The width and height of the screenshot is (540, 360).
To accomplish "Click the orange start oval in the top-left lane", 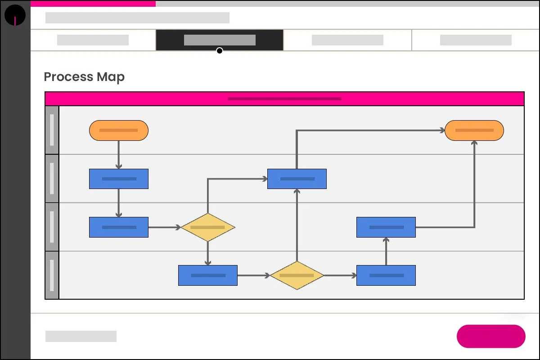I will click(x=119, y=130).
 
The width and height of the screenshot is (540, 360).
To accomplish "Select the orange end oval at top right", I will click(x=474, y=130).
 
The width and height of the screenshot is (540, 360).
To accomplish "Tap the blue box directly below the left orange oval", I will click(x=119, y=179).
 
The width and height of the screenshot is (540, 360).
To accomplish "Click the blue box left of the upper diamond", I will click(x=119, y=227).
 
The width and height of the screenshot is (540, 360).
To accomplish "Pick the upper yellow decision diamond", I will click(x=207, y=227).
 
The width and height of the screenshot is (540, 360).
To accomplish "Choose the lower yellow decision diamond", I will click(x=297, y=275).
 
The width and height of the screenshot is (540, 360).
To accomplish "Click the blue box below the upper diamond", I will click(x=207, y=275).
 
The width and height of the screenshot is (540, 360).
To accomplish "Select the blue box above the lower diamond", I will click(x=297, y=179).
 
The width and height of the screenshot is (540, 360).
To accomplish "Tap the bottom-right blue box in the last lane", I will click(x=386, y=275).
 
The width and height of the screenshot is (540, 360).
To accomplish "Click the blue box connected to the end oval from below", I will click(x=386, y=227).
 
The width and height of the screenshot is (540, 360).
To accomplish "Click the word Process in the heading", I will click(x=68, y=77).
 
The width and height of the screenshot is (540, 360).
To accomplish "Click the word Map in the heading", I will click(x=111, y=77).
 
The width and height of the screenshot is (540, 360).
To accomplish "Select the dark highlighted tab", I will click(x=220, y=40).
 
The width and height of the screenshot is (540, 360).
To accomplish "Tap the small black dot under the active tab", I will click(x=220, y=50).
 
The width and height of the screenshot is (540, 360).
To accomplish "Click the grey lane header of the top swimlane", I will click(x=52, y=130).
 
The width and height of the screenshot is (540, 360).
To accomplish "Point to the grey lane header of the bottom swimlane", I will click(x=52, y=275).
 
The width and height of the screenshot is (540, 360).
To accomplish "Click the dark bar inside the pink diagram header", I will click(x=284, y=99).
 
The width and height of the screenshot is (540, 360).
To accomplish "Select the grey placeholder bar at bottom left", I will click(x=81, y=336).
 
